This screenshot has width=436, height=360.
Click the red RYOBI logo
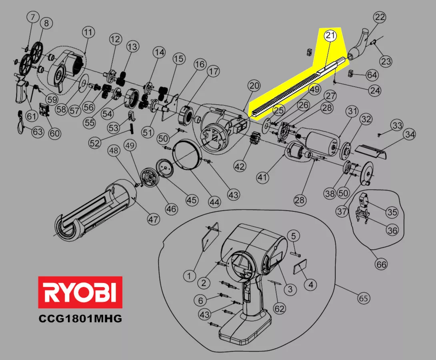pos(80,292)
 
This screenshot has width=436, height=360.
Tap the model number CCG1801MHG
pos(80,318)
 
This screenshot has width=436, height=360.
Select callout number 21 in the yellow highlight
pos(330,36)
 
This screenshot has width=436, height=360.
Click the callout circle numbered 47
pos(153,219)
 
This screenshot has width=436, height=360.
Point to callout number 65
pos(364,298)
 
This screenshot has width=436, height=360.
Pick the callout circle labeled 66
pos(381,264)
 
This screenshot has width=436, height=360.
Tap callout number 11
pos(88,32)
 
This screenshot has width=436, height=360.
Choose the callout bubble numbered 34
pos(410,134)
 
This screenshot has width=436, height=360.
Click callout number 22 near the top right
pos(380,17)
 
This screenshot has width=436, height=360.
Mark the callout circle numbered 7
pos(33,17)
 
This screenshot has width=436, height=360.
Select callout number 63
pos(38,132)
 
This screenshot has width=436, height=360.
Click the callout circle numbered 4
pos(310,284)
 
